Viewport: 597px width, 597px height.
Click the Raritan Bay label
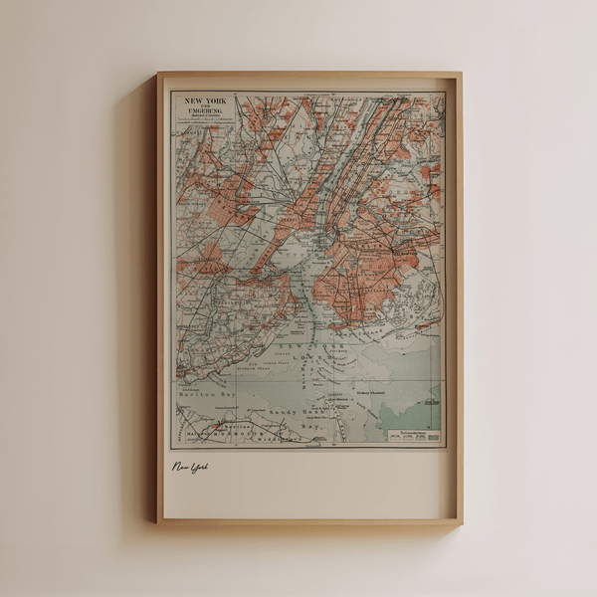(204, 394)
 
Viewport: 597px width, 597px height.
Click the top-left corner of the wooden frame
(158, 74)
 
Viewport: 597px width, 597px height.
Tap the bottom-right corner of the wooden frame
(461, 522)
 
